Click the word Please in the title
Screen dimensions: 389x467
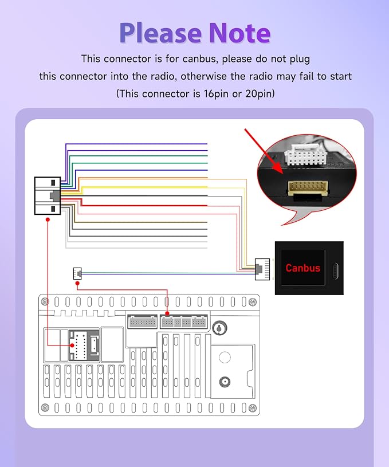[x=160, y=33]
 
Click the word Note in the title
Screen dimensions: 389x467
[x=239, y=33]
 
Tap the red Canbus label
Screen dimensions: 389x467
[x=303, y=268]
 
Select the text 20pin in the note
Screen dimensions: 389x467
[x=259, y=94]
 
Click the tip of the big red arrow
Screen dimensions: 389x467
[x=282, y=174]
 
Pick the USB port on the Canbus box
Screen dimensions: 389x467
[x=335, y=271]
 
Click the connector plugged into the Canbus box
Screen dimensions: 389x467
[x=262, y=269]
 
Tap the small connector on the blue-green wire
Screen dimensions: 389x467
[x=77, y=273]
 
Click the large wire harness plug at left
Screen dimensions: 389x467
[x=48, y=195]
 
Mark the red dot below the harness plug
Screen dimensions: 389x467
[x=48, y=219]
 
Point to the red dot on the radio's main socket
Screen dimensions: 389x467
[x=72, y=345]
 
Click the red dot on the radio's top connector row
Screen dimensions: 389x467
[x=167, y=313]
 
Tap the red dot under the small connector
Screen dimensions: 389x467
[x=77, y=284]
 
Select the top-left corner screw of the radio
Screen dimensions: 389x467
[x=45, y=302]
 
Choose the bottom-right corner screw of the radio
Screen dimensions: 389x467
[x=253, y=407]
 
